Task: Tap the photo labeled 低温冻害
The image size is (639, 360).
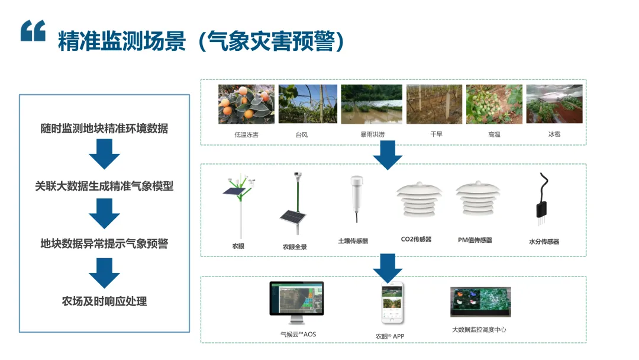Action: (246, 104)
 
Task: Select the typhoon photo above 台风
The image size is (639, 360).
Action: (308, 104)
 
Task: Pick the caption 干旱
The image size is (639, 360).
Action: (436, 134)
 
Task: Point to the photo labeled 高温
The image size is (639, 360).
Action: (494, 104)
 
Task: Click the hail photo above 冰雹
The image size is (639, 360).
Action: (554, 104)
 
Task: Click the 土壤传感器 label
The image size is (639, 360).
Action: (353, 241)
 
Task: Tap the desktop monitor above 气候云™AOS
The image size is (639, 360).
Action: (297, 301)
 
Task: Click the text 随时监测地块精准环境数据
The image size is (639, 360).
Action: (104, 128)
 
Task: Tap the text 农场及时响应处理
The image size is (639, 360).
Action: (104, 301)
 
